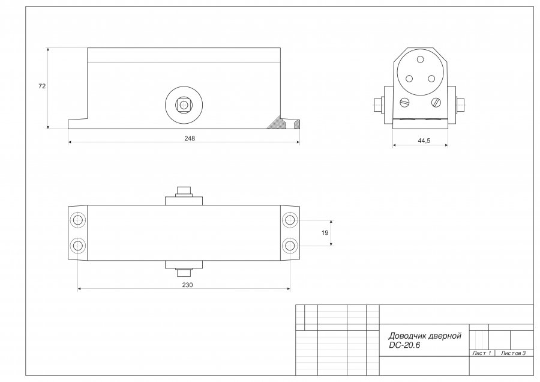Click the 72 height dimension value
[x=41, y=86]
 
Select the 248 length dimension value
[x=190, y=138]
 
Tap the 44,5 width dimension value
[x=424, y=141]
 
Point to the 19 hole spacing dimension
[x=325, y=232]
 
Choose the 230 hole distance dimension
[x=187, y=285]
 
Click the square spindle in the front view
[x=184, y=104]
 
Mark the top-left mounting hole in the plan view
[x=77, y=219]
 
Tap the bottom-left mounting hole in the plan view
[x=77, y=246]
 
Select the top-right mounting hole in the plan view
[x=290, y=219]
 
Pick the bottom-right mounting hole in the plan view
[x=290, y=246]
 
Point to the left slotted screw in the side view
[x=404, y=102]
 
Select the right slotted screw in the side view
[x=436, y=102]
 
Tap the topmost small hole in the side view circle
[x=420, y=59]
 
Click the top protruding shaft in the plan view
[x=184, y=192]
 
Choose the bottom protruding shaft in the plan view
[x=184, y=273]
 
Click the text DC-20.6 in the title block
[x=404, y=345]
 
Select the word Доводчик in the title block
[x=406, y=336]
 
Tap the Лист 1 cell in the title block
[x=482, y=353]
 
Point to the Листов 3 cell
[x=514, y=353]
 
